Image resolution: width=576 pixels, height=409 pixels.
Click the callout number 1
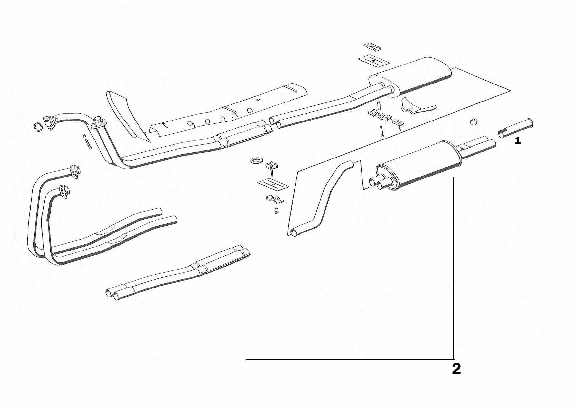(x=518, y=141)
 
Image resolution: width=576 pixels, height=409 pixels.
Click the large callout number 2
(x=456, y=369)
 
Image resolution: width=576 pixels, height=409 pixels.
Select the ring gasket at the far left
(x=38, y=126)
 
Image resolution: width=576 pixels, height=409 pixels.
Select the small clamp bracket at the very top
(x=373, y=47)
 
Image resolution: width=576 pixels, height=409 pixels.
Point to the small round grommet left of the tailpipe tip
(x=474, y=121)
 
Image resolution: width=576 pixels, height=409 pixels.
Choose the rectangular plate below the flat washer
(x=273, y=184)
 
